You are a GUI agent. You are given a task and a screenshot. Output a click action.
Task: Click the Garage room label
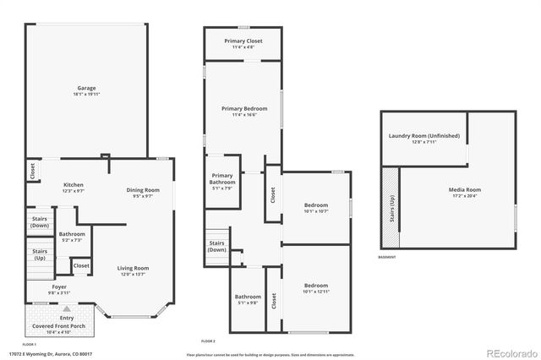[86, 88]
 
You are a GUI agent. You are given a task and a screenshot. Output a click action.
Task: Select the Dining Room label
[143, 190]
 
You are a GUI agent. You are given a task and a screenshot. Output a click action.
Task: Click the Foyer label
[58, 286]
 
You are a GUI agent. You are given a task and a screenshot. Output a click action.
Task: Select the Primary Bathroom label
[221, 179]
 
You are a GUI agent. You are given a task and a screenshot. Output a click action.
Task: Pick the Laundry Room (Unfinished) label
[424, 136]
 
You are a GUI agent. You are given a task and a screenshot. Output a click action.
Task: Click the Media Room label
[464, 189]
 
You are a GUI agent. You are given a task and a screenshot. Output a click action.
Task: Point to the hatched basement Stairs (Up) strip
[391, 207]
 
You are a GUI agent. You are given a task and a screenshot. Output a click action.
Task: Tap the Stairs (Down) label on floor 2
[217, 246]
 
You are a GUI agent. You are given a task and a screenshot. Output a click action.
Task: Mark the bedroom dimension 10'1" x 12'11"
[315, 292]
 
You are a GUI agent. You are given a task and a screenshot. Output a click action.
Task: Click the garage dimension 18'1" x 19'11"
[86, 95]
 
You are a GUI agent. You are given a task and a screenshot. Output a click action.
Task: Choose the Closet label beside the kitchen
[32, 171]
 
